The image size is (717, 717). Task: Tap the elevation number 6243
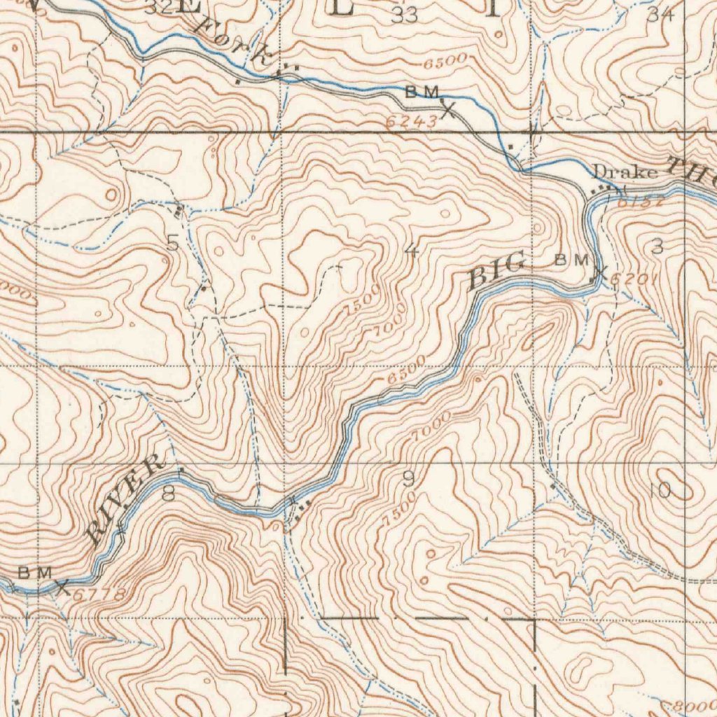tap(411, 122)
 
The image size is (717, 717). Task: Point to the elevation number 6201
tap(632, 280)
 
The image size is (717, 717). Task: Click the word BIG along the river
tap(496, 272)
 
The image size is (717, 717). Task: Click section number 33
tap(404, 15)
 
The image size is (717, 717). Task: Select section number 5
tap(172, 243)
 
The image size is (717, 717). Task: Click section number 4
tap(412, 251)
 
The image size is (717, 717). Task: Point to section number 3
tap(657, 246)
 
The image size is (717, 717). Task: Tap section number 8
tap(168, 494)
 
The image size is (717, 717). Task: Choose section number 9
tap(408, 480)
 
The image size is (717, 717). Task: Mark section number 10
tap(660, 490)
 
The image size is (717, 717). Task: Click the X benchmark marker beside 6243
tap(447, 109)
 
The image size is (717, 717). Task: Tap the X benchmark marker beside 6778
tap(62, 587)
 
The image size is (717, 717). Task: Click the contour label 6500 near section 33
tap(445, 62)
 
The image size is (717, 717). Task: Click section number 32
tap(159, 8)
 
